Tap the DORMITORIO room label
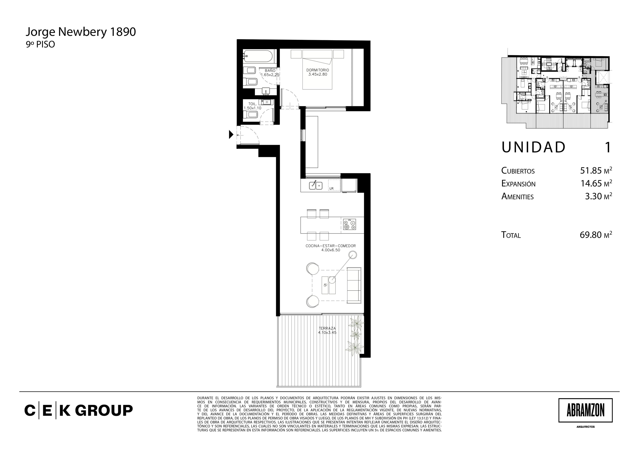pyautogui.click(x=318, y=70)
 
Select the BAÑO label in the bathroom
pyautogui.click(x=270, y=71)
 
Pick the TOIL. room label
pyautogui.click(x=252, y=104)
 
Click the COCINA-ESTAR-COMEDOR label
pyautogui.click(x=331, y=246)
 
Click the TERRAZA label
pyautogui.click(x=327, y=328)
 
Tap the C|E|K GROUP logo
pyautogui.click(x=79, y=410)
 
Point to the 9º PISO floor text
pyautogui.click(x=40, y=45)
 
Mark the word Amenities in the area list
pyautogui.click(x=517, y=197)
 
